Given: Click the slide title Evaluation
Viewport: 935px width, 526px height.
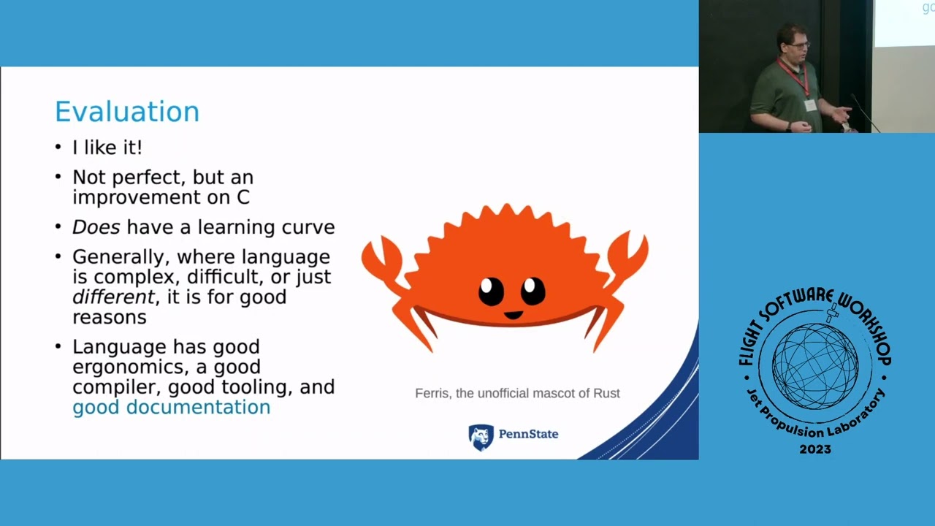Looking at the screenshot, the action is pos(127,112).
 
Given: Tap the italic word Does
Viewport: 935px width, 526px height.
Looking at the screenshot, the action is pos(96,227).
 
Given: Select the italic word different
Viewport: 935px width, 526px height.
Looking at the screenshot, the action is pos(113,297).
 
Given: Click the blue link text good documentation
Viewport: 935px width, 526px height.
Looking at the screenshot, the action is pos(172,407).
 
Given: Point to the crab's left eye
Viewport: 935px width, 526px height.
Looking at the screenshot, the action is pos(491,291).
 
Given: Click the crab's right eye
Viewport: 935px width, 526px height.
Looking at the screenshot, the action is pos(533,290).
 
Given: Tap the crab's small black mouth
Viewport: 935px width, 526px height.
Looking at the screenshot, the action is pos(513,315).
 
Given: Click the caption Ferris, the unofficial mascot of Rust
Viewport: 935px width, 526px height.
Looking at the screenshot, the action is pos(517,393).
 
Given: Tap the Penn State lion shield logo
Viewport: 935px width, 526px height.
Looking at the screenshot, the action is pos(481,438).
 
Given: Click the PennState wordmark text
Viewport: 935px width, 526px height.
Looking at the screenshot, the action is pos(528,434).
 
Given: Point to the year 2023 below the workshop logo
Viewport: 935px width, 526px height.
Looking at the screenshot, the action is pos(815,449).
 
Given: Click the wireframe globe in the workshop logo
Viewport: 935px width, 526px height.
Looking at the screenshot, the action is pos(815,366).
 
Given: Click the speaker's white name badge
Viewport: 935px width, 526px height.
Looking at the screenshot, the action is pos(810,105).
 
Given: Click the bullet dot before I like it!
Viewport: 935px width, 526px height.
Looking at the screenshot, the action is pos(58,148).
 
